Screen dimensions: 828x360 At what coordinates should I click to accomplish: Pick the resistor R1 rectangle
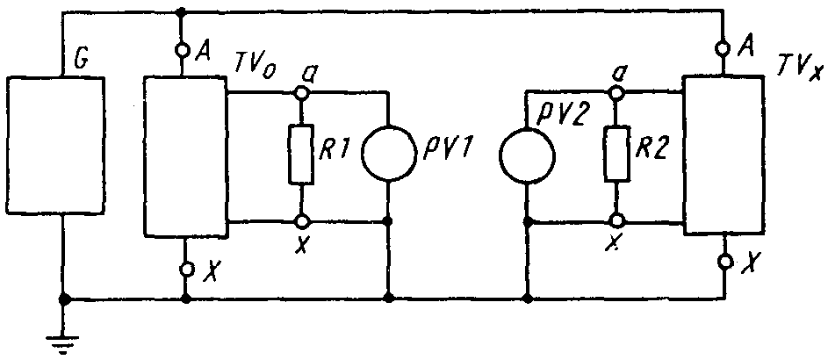301,155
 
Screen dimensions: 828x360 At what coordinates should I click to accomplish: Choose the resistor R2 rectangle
616,155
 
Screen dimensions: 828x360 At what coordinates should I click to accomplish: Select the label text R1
337,149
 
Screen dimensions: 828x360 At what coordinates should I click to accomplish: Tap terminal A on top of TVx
724,49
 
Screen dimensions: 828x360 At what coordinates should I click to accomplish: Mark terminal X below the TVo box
185,270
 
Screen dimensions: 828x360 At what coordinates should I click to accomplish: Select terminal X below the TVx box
725,262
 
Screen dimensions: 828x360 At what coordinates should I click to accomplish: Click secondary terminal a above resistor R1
301,93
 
